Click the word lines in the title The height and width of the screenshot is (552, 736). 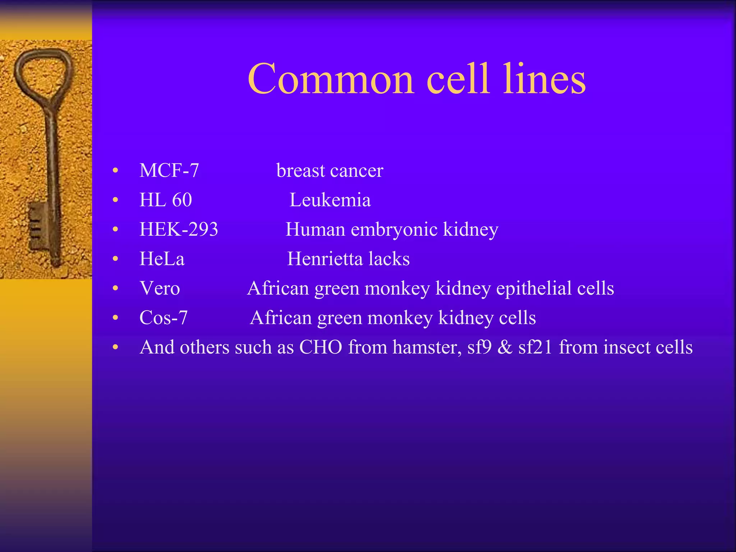[544, 80]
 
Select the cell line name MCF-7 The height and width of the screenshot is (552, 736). [169, 170]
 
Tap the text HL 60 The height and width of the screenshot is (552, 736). [166, 200]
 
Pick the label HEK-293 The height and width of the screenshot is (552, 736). [179, 229]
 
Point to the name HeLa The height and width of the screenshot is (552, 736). [162, 259]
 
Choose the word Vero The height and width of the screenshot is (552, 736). [160, 288]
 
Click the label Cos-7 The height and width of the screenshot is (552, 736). [164, 318]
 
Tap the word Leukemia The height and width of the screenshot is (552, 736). [330, 200]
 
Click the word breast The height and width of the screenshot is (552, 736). [300, 170]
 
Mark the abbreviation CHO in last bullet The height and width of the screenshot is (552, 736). [321, 347]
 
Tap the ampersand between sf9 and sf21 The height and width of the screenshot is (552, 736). [505, 347]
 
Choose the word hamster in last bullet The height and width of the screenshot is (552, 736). [426, 347]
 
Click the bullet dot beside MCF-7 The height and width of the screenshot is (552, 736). [115, 171]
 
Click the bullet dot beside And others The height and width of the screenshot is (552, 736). [115, 348]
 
